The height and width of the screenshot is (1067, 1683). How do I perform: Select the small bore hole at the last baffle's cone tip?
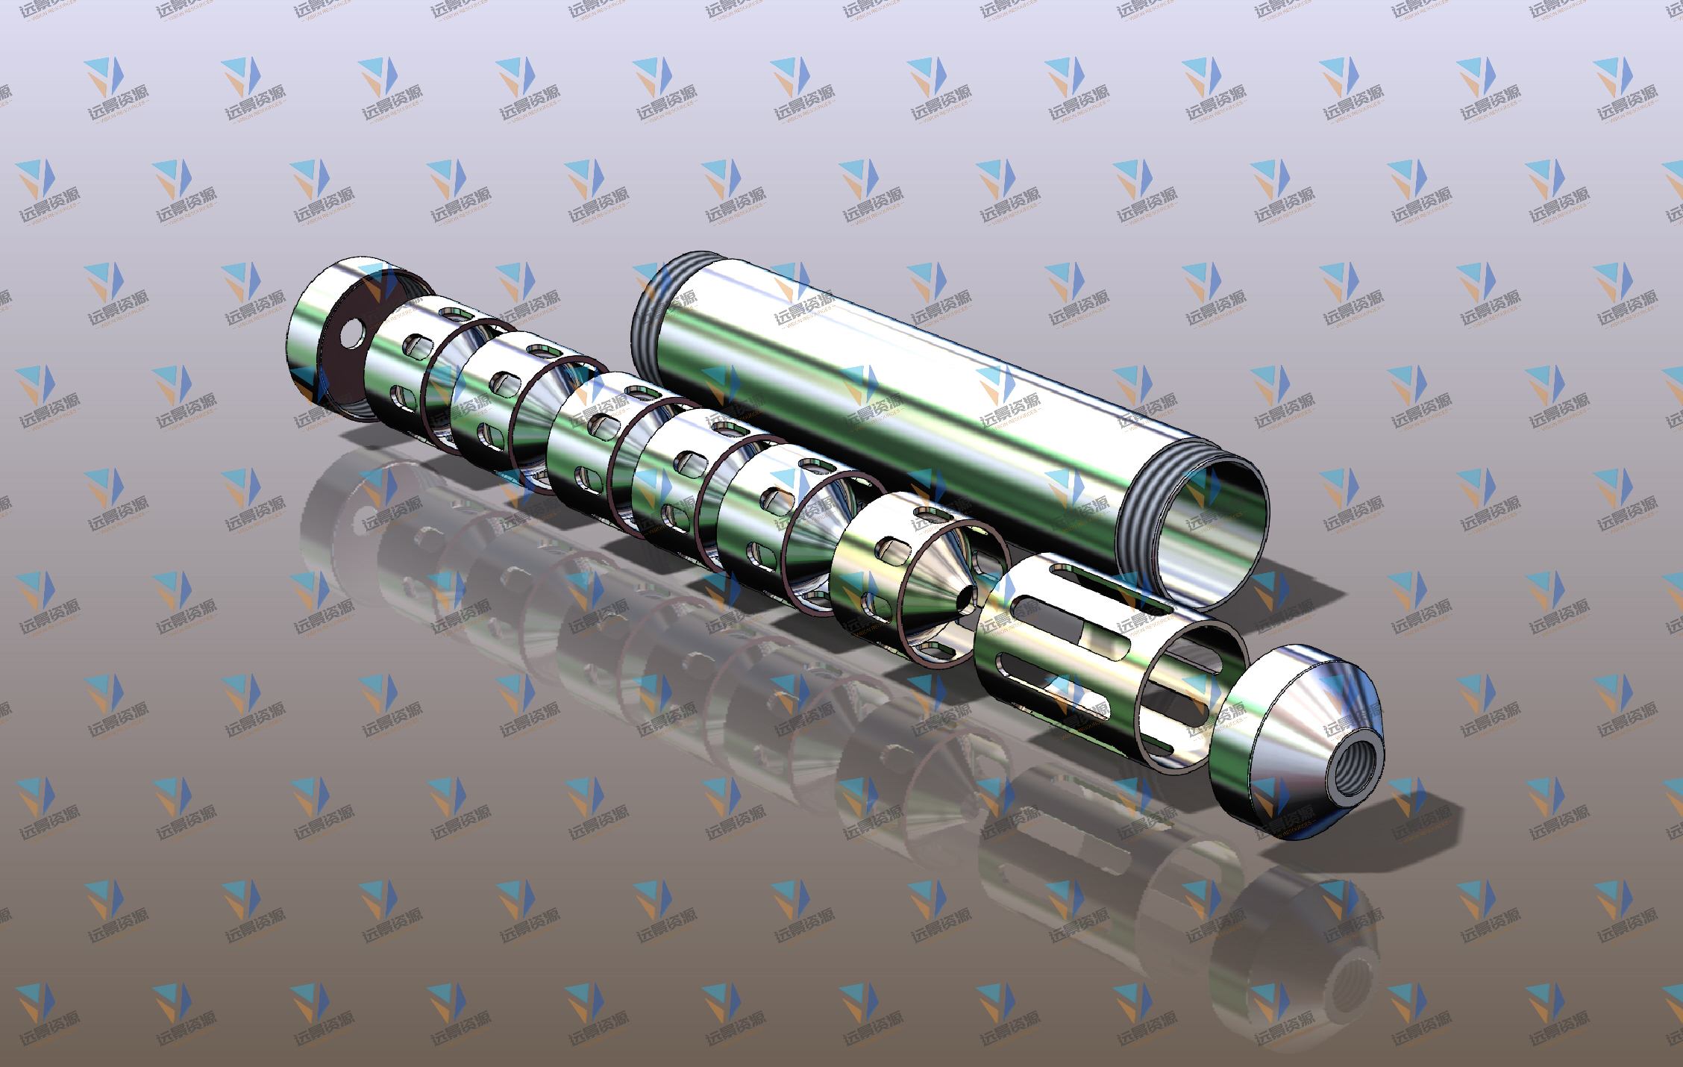tap(968, 598)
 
